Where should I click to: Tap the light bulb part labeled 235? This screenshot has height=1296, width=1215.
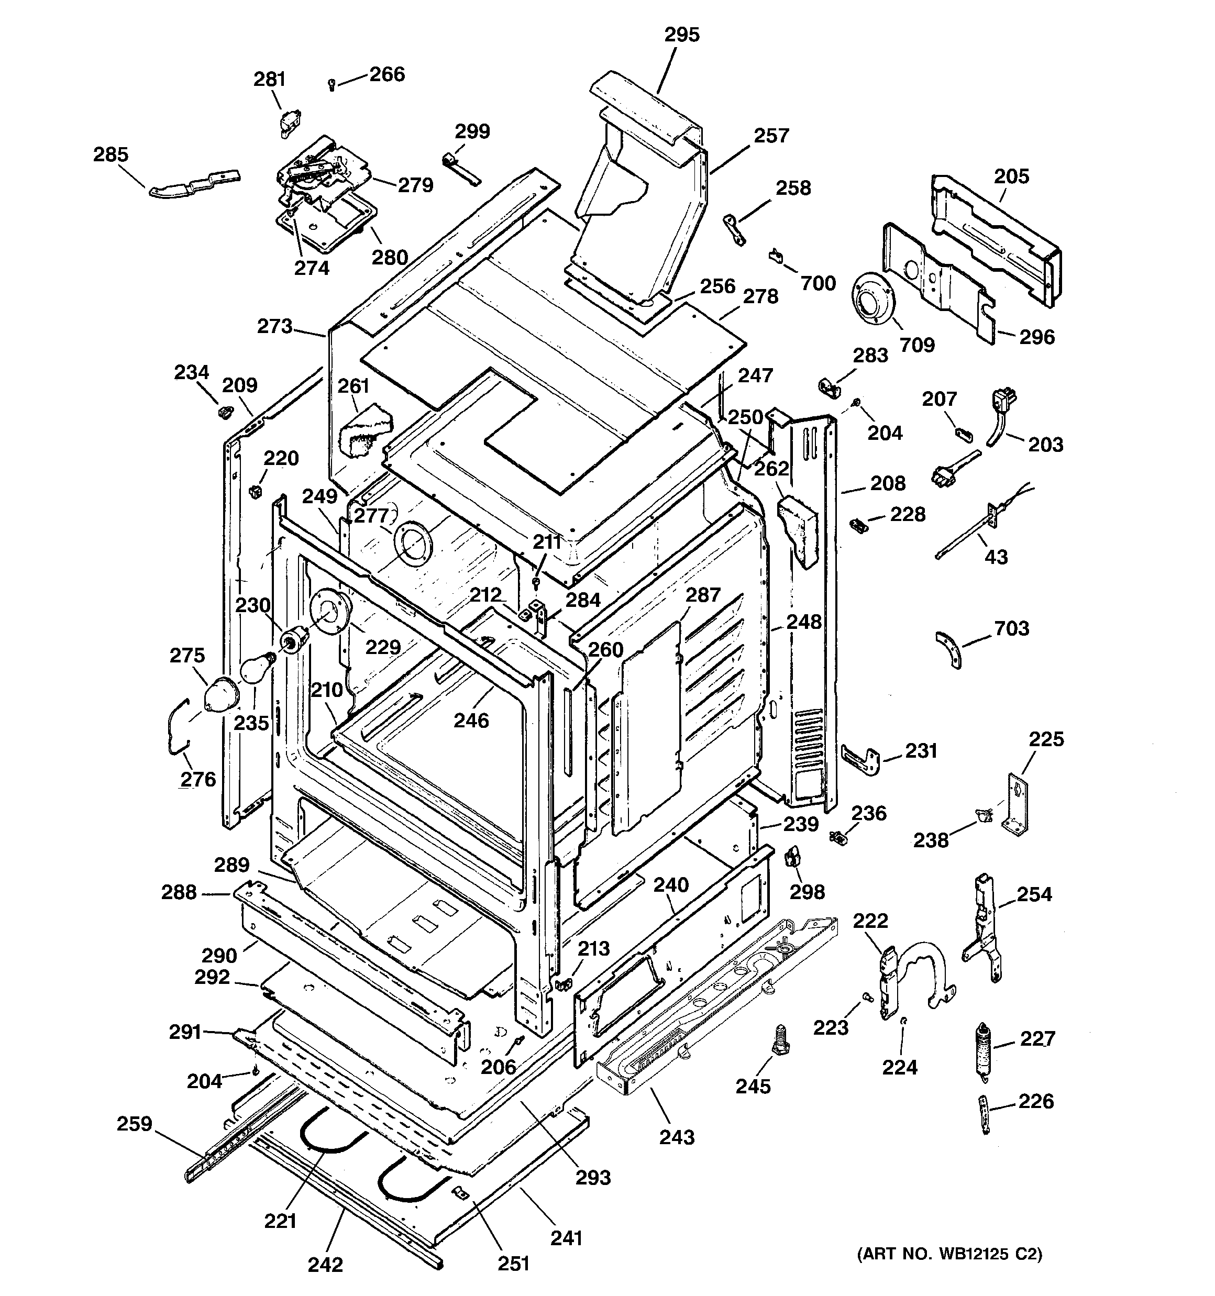point(256,670)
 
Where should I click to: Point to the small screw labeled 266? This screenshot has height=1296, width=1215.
point(332,83)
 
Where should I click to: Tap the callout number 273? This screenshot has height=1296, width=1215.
point(274,326)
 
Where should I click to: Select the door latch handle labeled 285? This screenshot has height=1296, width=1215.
point(193,183)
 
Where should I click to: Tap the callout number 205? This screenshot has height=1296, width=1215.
point(1011,176)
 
